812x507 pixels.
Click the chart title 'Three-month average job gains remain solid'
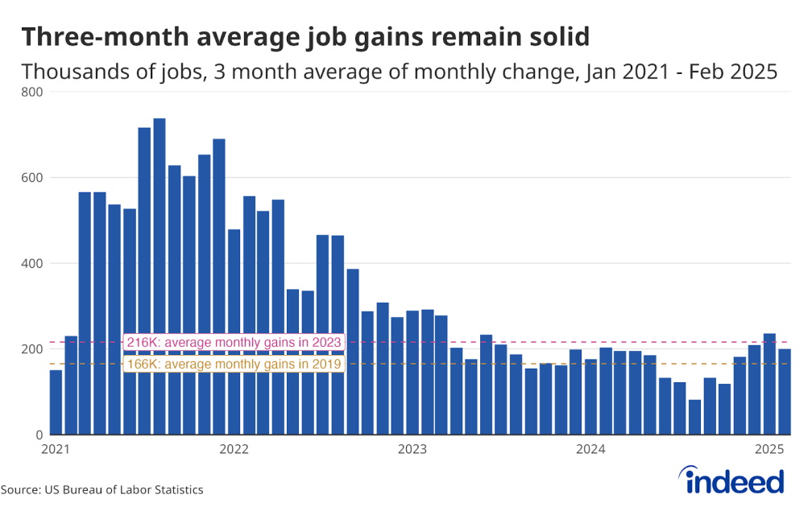click(304, 37)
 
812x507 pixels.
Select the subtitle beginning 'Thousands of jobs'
click(399, 72)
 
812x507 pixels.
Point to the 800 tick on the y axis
click(32, 92)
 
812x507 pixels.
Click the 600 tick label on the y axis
click(32, 178)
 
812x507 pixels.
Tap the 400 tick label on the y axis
click(32, 263)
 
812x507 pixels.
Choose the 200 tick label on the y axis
click(32, 349)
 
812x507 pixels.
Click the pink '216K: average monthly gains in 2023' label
click(234, 343)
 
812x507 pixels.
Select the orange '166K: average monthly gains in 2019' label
click(234, 365)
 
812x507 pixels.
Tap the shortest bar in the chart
click(694, 417)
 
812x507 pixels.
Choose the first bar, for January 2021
click(56, 402)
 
